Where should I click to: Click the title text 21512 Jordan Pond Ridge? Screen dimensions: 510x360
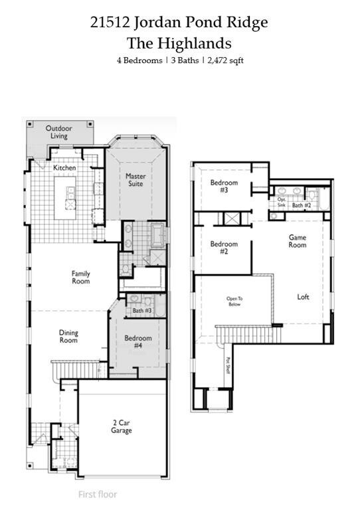coord(179,23)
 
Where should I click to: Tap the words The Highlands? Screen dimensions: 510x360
coord(179,43)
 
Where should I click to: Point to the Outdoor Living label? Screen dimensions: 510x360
coord(58,131)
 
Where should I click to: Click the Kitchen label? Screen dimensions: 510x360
coord(64,168)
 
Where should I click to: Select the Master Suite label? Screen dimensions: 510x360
coord(135,179)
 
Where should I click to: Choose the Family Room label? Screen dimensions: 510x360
coord(81,277)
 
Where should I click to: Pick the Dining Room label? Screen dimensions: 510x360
coord(68,336)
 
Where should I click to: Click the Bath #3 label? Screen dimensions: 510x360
coord(142,311)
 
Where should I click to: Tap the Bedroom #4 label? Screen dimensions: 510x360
coord(138,341)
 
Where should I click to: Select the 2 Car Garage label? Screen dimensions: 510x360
coord(122,426)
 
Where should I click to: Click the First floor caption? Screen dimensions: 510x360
coord(98,494)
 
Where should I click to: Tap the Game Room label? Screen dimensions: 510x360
coord(297,241)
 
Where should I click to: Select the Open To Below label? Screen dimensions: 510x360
coord(234,301)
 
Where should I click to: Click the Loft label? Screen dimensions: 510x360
coord(303,297)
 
